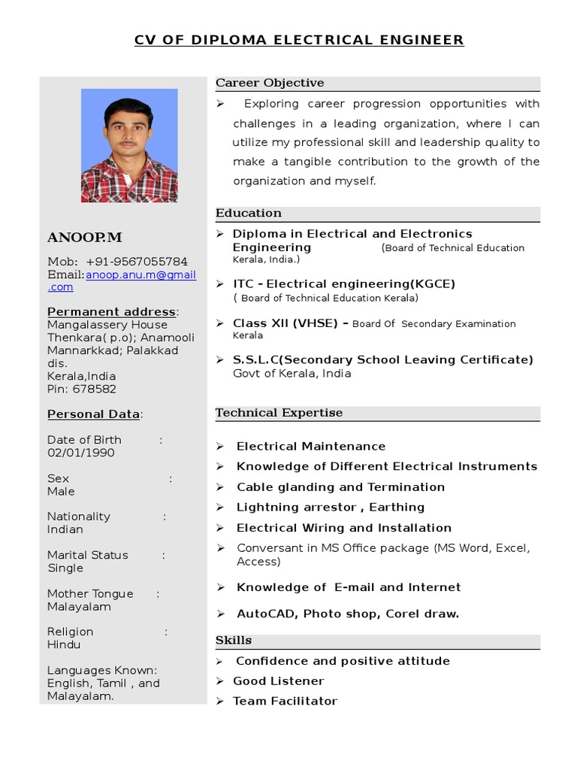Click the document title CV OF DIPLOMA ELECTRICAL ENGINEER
(299, 40)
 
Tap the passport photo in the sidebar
(129, 145)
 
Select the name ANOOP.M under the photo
(84, 238)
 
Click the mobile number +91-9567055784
(137, 262)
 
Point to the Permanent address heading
(112, 312)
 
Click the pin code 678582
(94, 390)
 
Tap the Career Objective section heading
(270, 83)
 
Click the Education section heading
(249, 214)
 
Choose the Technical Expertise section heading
(279, 413)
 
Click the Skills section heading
(234, 641)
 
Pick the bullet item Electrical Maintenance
(311, 447)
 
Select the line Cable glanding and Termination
(340, 487)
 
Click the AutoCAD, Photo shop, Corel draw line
(347, 614)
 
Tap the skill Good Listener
(279, 681)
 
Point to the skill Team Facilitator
(285, 701)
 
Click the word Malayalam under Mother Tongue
(79, 607)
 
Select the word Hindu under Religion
(64, 645)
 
